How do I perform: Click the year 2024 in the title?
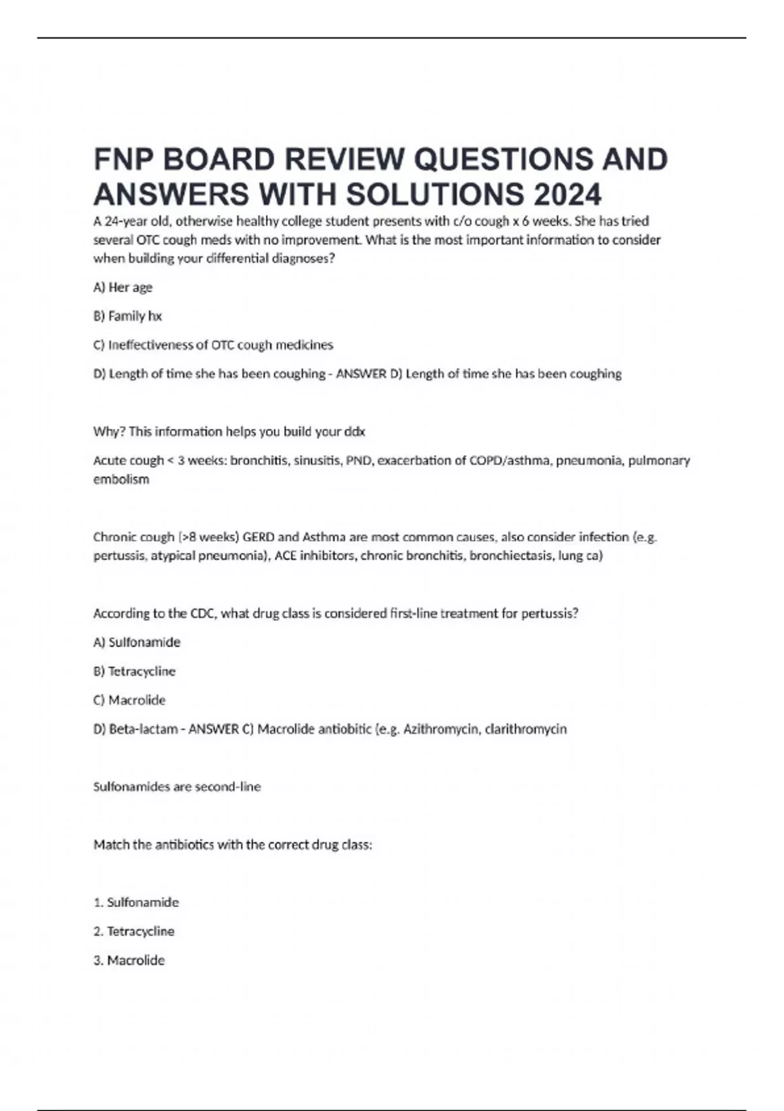[566, 194]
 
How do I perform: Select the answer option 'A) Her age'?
[123, 288]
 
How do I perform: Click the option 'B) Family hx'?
[127, 316]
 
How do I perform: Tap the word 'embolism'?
[121, 480]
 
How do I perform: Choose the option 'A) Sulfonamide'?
[137, 642]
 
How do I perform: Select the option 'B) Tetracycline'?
[134, 671]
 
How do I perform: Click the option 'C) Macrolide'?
[129, 701]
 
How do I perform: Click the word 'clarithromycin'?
[525, 729]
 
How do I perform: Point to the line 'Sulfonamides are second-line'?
[177, 787]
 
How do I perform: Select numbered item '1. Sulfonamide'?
[136, 903]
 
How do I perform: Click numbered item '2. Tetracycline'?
[134, 931]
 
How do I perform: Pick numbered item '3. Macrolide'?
[129, 961]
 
